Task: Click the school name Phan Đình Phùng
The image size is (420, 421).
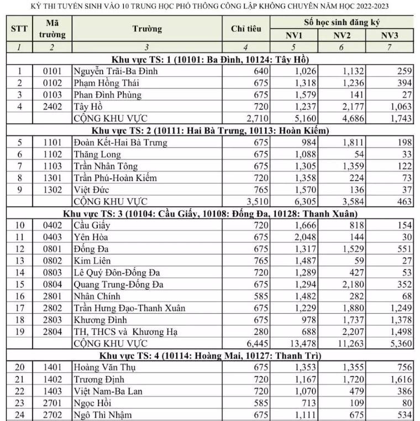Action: click(107, 95)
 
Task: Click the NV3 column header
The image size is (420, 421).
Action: click(390, 35)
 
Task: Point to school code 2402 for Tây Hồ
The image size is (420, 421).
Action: click(52, 107)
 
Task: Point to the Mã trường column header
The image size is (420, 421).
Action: click(52, 29)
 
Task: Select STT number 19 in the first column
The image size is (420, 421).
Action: click(19, 332)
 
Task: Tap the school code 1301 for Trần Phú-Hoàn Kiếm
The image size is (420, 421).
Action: click(52, 178)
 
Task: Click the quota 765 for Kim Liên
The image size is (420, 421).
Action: click(260, 261)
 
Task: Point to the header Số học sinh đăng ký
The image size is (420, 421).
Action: click(342, 23)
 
